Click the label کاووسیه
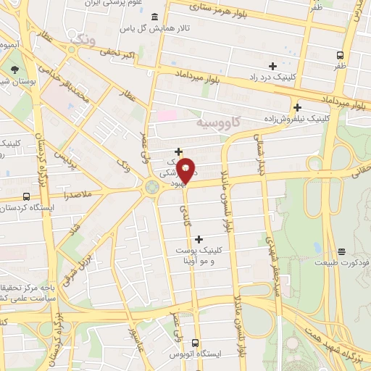(221, 123)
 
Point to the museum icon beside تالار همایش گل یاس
(154, 18)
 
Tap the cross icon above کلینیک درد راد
(272, 67)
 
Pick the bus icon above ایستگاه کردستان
(27, 196)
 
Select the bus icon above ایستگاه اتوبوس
(196, 342)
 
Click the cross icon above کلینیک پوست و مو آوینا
(199, 239)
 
